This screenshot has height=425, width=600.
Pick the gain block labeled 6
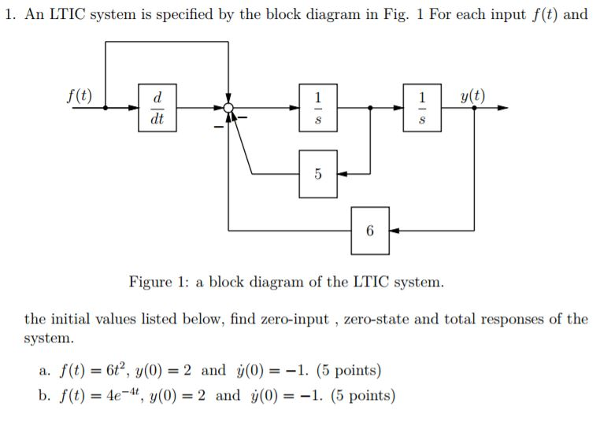click(x=370, y=231)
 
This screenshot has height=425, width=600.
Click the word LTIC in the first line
click(x=66, y=15)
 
